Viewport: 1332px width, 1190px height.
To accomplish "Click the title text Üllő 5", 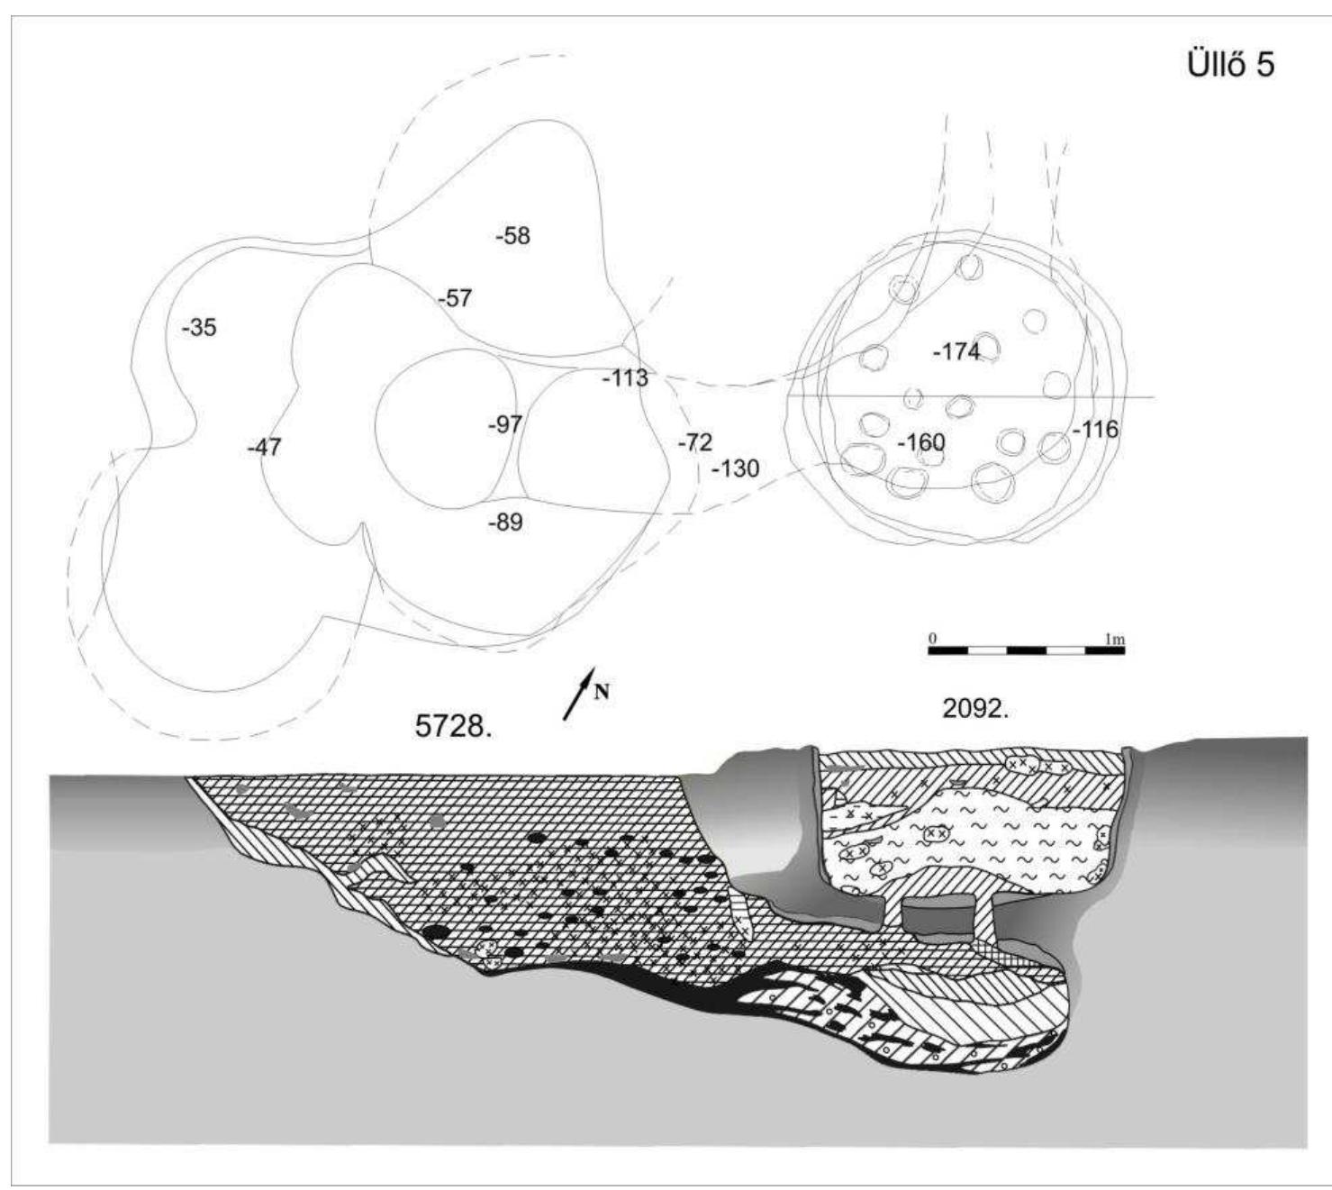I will [1232, 66].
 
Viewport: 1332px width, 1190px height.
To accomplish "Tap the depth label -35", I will [198, 328].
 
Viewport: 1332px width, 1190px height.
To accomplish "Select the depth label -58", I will [512, 236].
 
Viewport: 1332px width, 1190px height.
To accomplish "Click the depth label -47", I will [264, 447].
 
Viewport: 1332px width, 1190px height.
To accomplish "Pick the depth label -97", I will [504, 424].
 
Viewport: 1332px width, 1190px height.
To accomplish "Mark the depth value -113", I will [624, 377].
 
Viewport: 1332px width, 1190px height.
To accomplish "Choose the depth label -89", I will [504, 522].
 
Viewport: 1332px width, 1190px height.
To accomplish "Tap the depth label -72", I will [693, 442].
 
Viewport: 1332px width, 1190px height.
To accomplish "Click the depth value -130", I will [735, 468].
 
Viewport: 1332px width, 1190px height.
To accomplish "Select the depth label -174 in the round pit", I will [956, 352].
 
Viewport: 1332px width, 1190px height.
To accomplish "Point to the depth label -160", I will [920, 443].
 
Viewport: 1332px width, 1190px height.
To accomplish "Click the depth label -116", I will [1094, 430].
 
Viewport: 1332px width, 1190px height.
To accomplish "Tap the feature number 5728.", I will [453, 727].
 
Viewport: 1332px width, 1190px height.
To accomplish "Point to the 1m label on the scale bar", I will [1115, 639].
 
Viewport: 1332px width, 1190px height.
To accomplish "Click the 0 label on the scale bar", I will [933, 639].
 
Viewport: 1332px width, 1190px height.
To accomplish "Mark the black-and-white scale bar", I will [1026, 650].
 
